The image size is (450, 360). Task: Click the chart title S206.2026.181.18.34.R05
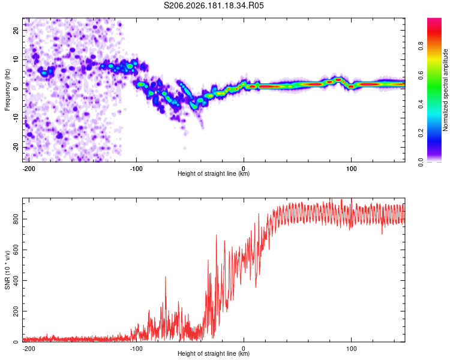(x=214, y=5)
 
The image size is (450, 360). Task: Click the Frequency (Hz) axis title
(x=7, y=90)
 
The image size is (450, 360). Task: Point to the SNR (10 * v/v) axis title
(x=7, y=270)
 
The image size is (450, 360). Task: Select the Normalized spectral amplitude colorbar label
(x=445, y=90)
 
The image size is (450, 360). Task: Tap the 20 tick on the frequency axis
(x=16, y=30)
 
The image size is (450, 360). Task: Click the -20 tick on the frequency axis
(x=16, y=147)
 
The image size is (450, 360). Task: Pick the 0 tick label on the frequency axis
(x=16, y=89)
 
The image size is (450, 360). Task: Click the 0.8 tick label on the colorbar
(x=421, y=46)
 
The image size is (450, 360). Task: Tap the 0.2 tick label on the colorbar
(x=421, y=133)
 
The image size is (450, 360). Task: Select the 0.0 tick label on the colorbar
(x=421, y=162)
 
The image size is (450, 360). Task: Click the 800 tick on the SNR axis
(x=16, y=220)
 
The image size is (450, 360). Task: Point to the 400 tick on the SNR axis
(x=16, y=280)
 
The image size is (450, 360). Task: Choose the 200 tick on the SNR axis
(x=16, y=311)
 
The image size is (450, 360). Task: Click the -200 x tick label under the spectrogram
(x=29, y=169)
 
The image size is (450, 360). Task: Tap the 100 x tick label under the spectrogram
(x=351, y=169)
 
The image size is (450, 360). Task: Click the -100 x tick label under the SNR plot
(x=136, y=349)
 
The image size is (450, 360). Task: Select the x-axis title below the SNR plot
(x=214, y=353)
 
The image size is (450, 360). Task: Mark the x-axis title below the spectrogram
(x=214, y=173)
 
